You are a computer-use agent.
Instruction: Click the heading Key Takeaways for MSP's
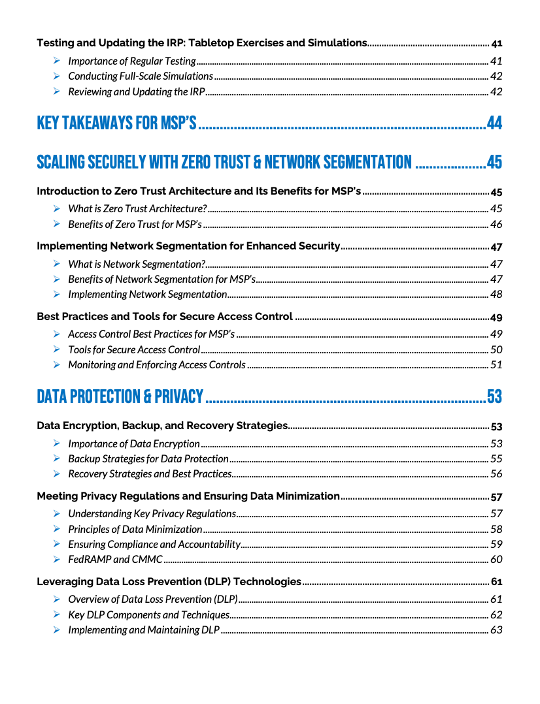(x=116, y=123)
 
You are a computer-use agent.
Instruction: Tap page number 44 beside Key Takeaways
(x=494, y=123)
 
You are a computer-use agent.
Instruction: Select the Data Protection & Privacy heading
(x=120, y=396)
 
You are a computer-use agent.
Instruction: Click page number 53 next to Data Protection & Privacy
(x=494, y=396)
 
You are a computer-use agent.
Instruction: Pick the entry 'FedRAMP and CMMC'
(x=115, y=559)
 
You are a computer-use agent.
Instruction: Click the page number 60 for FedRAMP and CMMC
(x=496, y=559)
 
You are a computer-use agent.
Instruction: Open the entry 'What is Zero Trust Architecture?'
(x=137, y=209)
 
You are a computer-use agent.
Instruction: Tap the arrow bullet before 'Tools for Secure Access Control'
(x=57, y=349)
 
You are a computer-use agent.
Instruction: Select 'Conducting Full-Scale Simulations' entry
(x=141, y=76)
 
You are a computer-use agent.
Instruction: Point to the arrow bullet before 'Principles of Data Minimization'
(x=57, y=529)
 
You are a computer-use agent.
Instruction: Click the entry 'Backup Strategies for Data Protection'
(x=148, y=459)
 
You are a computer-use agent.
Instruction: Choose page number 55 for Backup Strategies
(x=496, y=459)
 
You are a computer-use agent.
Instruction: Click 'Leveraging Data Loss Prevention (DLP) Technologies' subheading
(x=169, y=581)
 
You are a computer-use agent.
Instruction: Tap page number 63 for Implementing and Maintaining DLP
(x=496, y=630)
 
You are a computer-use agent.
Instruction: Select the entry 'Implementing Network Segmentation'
(x=147, y=295)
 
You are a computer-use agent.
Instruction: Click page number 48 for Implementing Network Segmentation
(x=496, y=295)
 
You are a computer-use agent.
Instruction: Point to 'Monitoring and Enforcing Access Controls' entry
(x=157, y=365)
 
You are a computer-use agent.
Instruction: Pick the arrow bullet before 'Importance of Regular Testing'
(x=57, y=61)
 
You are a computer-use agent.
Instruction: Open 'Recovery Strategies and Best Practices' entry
(x=150, y=474)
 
